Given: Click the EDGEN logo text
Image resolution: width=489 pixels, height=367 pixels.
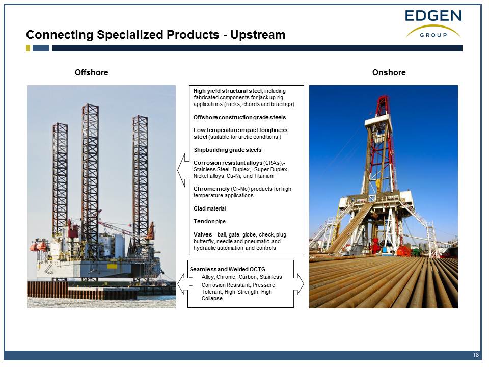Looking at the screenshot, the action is [433, 16].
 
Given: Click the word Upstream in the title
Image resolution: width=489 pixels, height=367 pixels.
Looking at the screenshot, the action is [258, 35].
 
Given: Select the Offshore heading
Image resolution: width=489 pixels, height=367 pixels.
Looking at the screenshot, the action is [91, 73].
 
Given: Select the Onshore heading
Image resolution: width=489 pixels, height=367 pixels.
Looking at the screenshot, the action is [389, 73].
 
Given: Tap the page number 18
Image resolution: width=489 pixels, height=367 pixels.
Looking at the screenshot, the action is [476, 355].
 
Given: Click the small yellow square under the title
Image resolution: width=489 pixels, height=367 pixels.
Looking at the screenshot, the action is [28, 48].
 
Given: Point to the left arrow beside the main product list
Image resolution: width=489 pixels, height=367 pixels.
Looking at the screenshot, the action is [183, 170].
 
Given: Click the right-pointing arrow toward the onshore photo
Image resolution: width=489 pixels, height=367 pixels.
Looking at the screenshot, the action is [298, 284].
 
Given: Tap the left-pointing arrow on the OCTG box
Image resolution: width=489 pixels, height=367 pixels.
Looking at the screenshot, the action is [183, 284].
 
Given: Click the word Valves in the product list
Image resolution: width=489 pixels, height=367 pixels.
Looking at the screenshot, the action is [203, 234].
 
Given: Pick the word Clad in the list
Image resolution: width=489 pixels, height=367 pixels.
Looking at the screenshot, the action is [200, 208].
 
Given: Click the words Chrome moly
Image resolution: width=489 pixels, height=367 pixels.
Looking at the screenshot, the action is [211, 189].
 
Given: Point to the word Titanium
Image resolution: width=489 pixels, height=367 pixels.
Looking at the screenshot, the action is [264, 176].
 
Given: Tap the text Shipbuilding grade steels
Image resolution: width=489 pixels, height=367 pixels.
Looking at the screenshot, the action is [228, 150].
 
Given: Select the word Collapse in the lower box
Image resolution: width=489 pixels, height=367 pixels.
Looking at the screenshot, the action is [212, 298].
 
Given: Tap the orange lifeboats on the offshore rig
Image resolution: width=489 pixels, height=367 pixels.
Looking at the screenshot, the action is [38, 246].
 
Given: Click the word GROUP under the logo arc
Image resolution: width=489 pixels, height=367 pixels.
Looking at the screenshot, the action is [433, 35].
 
